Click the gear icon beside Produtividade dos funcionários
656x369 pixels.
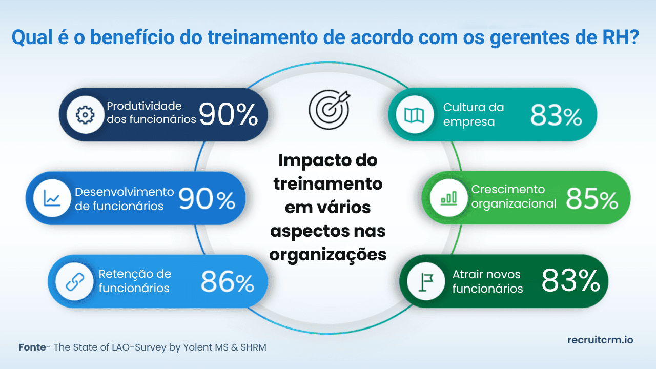(83, 115)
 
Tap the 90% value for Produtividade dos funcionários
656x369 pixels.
(229, 115)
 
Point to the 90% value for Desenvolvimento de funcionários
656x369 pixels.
(207, 199)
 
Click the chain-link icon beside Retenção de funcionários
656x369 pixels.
(74, 281)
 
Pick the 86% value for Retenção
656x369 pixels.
(228, 281)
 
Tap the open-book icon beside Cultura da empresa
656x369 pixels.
(414, 115)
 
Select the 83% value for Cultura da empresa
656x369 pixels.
(556, 116)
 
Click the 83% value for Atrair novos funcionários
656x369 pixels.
(570, 281)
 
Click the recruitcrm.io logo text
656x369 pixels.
(600, 340)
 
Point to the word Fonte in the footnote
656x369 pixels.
(32, 347)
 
